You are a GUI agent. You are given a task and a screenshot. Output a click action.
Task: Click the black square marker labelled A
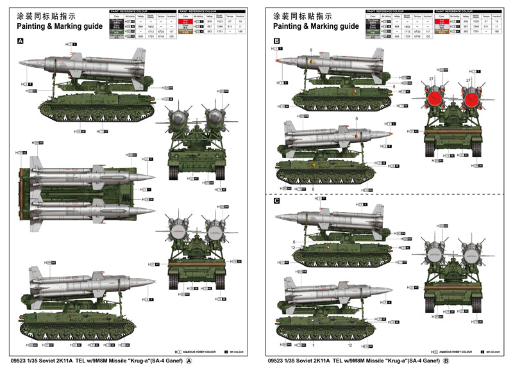[x=20, y=41]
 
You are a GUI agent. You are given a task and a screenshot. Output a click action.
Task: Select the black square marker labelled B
[x=276, y=41]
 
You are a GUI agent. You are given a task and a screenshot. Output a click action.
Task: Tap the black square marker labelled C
[x=276, y=200]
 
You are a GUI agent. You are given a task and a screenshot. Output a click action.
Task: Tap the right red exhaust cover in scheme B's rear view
[x=472, y=98]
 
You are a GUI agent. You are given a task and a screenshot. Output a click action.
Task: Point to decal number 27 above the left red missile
[x=432, y=79]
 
